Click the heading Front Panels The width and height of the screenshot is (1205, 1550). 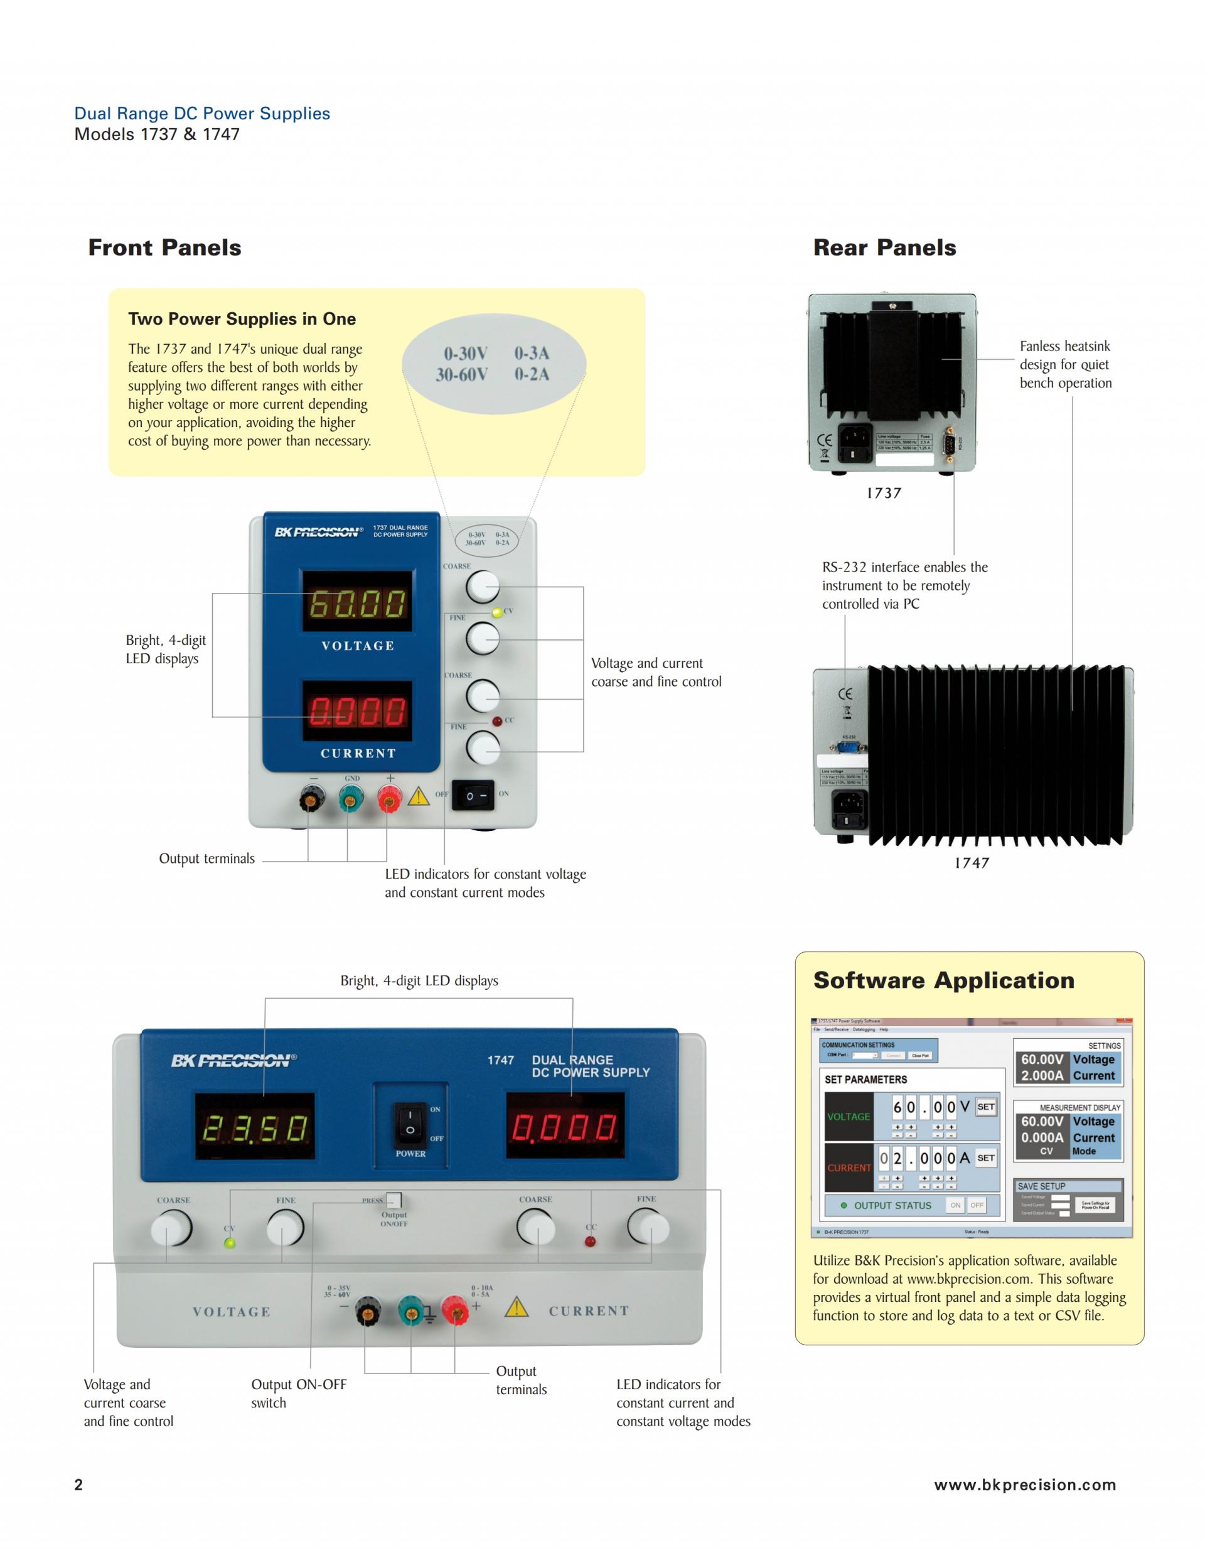[x=164, y=247]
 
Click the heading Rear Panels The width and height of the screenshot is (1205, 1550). [x=884, y=247]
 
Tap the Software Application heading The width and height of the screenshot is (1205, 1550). [x=943, y=980]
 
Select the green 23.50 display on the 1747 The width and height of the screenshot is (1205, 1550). [x=255, y=1127]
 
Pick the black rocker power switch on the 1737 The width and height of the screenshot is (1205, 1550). [x=473, y=796]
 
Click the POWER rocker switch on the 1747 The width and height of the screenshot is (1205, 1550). [x=410, y=1124]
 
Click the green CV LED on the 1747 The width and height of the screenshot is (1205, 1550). [x=229, y=1243]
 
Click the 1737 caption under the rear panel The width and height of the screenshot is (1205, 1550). [x=884, y=493]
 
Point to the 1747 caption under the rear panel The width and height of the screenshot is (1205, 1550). [x=971, y=863]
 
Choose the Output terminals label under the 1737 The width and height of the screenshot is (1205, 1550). [x=206, y=859]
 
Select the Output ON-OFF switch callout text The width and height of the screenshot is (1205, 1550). [x=299, y=1393]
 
